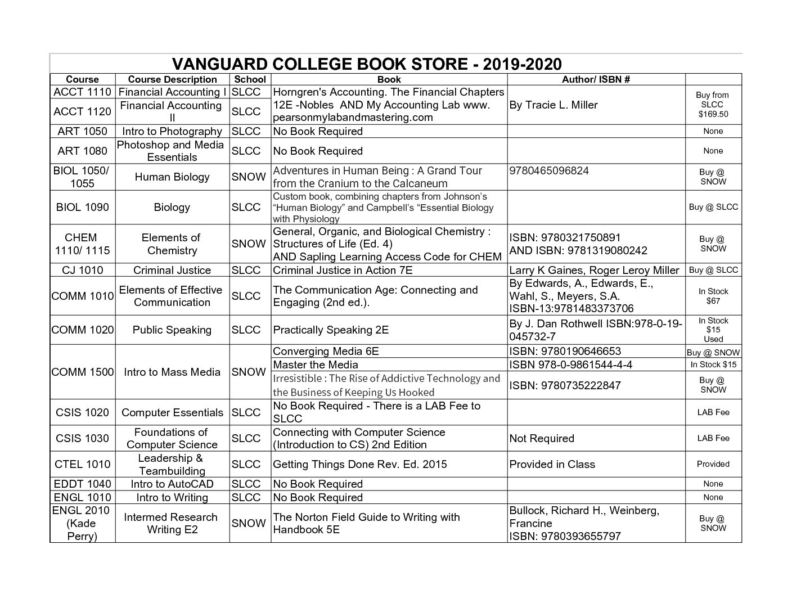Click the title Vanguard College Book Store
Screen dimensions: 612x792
(366, 64)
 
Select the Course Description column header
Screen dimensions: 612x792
(172, 79)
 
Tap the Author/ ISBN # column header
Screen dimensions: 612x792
(596, 79)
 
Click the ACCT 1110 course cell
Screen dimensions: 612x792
(83, 92)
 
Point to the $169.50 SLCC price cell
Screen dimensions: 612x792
(713, 105)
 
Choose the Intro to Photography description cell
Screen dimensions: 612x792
(172, 131)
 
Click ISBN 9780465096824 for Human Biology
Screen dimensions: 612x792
(549, 171)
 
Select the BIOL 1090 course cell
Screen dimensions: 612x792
(83, 207)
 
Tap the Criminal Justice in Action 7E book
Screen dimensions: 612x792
(343, 270)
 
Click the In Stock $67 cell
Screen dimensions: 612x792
(713, 296)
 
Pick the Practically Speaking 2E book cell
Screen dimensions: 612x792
(331, 330)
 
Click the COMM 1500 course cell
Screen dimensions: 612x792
(83, 372)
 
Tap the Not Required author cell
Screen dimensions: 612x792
(542, 438)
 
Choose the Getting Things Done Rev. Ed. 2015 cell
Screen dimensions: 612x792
(360, 464)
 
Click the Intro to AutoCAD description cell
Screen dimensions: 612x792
(172, 484)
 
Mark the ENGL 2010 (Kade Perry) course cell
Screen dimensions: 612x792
(83, 523)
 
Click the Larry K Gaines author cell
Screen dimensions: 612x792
(594, 270)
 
